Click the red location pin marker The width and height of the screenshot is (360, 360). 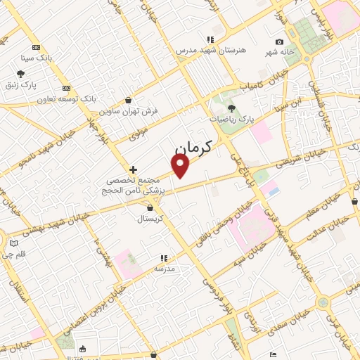[181, 165]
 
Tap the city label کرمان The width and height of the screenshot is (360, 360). [192, 149]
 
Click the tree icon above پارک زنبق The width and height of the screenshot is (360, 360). [21, 73]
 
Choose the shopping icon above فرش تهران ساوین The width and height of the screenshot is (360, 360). [127, 100]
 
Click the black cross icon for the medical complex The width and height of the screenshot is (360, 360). [133, 169]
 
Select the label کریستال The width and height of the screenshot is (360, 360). [150, 219]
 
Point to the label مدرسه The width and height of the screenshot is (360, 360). [164, 269]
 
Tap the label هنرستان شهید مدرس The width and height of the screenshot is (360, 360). [209, 50]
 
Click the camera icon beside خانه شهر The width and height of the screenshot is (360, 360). [279, 43]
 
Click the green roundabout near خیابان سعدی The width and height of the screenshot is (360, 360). [323, 303]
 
